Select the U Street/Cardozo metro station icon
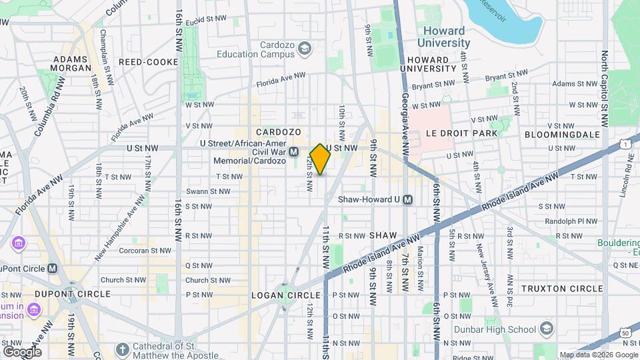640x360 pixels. point(294,153)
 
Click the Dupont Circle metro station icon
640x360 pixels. point(53,268)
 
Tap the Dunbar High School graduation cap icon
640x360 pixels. point(547,329)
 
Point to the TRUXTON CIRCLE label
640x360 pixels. point(562,289)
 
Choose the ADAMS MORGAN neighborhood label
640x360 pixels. point(71,63)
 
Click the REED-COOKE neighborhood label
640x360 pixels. point(149,62)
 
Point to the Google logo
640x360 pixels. point(21,351)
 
